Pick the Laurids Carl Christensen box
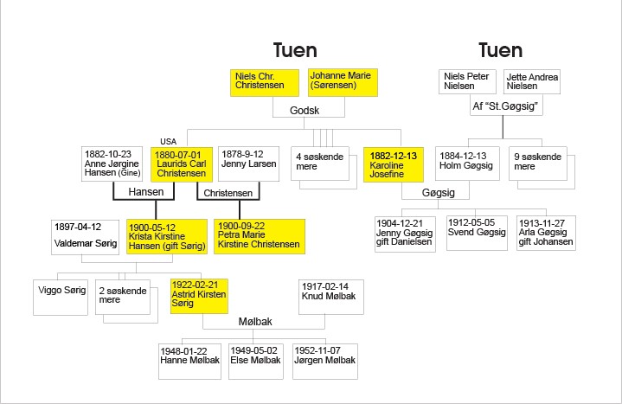[x=182, y=163]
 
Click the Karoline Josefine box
[x=396, y=163]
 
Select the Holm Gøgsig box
[x=468, y=163]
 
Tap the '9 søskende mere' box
[x=537, y=163]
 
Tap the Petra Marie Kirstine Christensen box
[x=258, y=234]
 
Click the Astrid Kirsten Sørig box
[x=200, y=295]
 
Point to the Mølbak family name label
[x=255, y=322]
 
